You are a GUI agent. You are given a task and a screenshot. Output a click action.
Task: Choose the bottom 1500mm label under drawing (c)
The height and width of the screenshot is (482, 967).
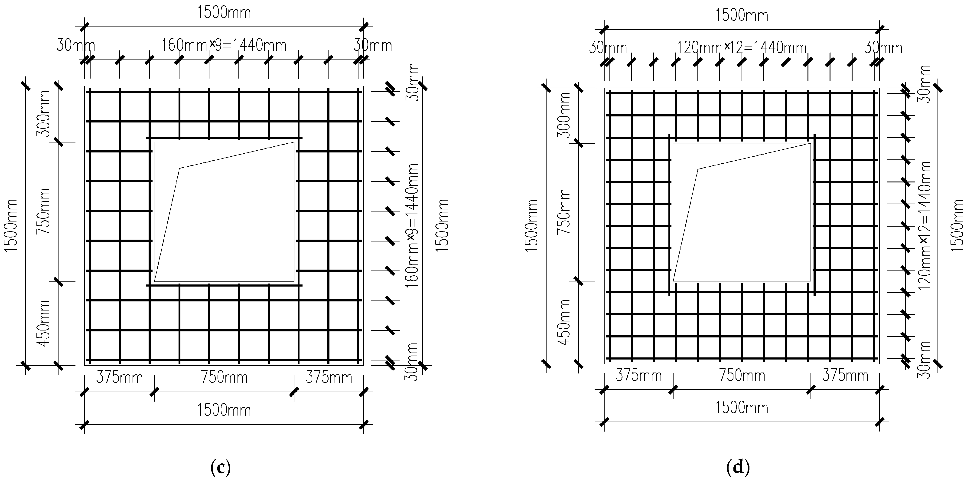click(224, 410)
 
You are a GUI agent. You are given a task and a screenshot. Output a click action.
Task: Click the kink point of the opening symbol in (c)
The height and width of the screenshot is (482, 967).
click(180, 168)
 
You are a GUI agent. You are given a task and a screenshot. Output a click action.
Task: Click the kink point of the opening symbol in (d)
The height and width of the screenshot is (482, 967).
click(698, 169)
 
